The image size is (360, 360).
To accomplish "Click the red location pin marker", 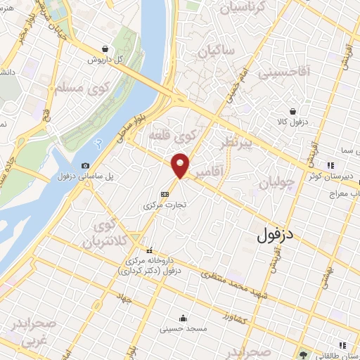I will [x=181, y=165].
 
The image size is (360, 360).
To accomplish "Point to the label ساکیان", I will [x=216, y=51].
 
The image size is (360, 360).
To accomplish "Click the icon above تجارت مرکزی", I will [x=165, y=194].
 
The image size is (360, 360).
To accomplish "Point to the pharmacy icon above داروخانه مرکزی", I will [x=149, y=250].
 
